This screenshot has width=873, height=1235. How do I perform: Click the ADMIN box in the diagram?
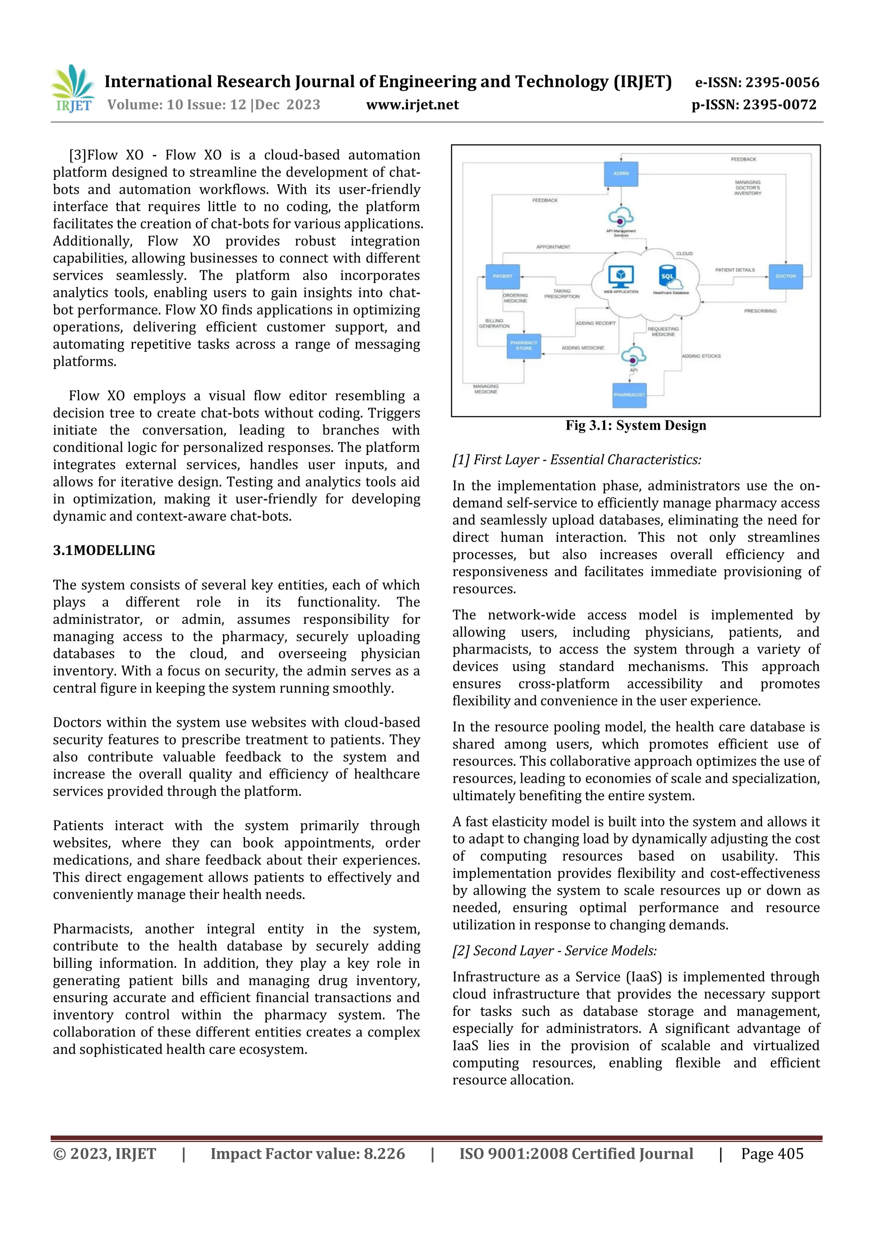[621, 174]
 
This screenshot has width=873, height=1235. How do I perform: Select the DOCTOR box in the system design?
[785, 277]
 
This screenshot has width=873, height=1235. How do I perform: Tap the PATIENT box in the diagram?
[503, 277]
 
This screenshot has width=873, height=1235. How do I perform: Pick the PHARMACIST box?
[629, 395]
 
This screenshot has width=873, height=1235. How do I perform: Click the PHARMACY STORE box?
[524, 346]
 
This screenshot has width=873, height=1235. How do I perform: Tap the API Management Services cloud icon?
[621, 218]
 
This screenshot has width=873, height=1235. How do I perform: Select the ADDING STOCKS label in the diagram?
[701, 356]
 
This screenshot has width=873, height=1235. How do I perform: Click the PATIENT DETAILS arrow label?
[735, 270]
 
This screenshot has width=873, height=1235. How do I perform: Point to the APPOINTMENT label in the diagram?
[553, 247]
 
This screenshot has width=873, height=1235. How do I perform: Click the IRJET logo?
[74, 89]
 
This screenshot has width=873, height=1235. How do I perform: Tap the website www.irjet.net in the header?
[412, 105]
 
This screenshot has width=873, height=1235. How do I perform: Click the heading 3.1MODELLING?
[104, 550]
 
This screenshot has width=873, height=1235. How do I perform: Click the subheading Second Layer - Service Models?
[554, 951]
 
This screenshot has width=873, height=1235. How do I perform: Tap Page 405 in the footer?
[772, 1154]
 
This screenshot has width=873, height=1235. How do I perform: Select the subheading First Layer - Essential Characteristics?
[577, 460]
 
